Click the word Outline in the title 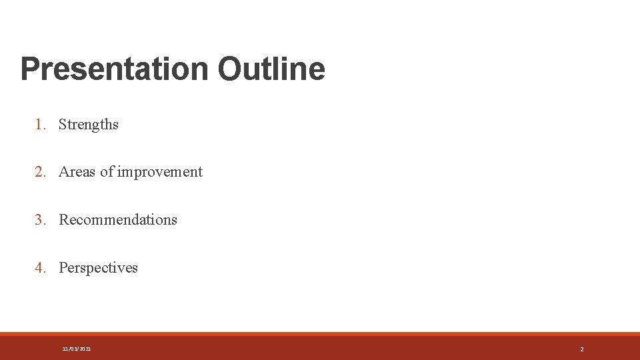point(271,69)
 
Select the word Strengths point(89,125)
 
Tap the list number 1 point(40,125)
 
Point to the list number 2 point(40,172)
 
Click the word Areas point(77,172)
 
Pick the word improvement point(160,172)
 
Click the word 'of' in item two point(107,172)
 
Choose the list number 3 point(40,220)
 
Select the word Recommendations point(118,220)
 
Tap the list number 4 point(40,268)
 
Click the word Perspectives point(98,268)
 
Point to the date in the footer point(77,349)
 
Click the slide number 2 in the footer point(582,349)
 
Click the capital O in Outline point(229,69)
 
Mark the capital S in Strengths point(63,125)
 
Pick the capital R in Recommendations point(64,220)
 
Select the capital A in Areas point(64,172)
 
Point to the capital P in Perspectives point(63,268)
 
